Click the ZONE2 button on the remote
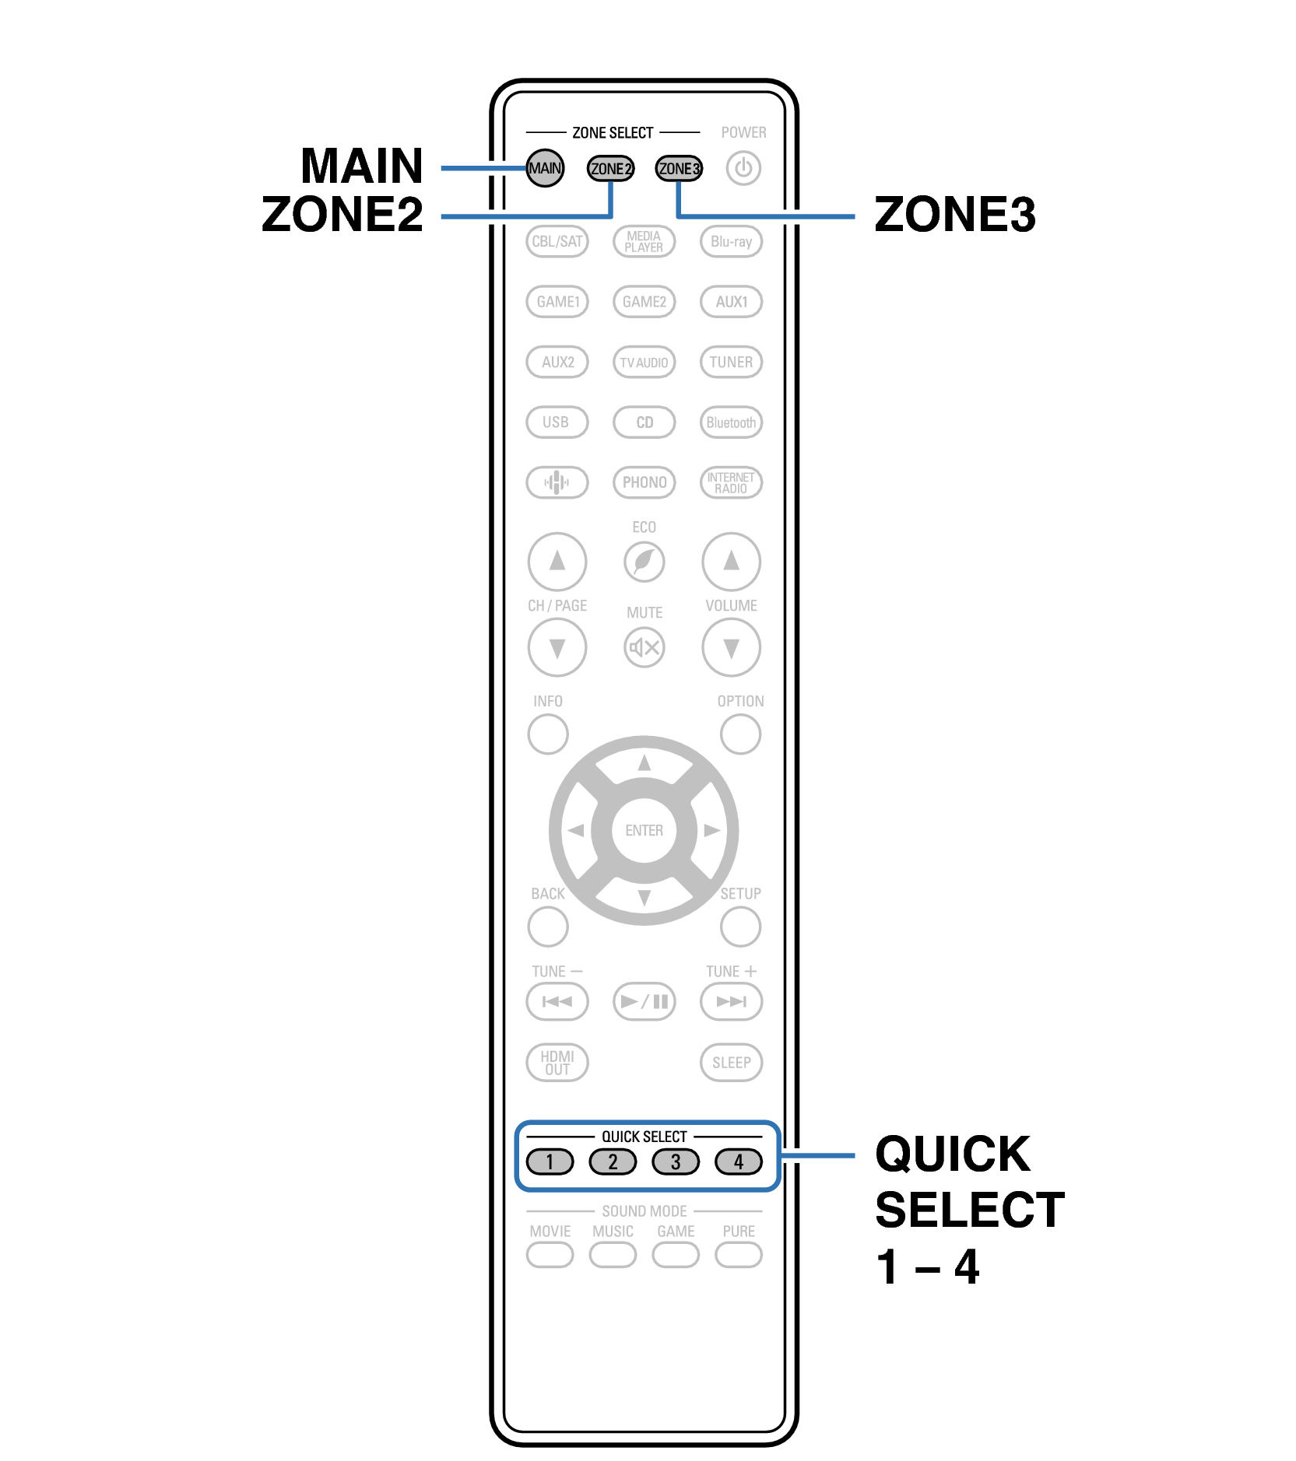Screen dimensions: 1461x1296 pos(610,169)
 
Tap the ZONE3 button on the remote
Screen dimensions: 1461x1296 pos(679,169)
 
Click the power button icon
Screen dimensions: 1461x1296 pos(743,168)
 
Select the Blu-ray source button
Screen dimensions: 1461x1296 pos(731,241)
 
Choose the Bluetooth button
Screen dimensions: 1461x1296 pos(731,422)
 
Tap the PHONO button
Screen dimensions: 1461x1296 pos(644,482)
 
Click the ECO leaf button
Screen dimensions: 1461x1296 pos(644,562)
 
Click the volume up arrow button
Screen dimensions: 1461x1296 pos(731,561)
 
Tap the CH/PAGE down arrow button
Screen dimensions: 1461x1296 pos(557,647)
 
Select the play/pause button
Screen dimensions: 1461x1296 pos(644,1001)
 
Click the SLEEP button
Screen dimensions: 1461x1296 pos(731,1063)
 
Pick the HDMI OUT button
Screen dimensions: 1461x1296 pos(557,1063)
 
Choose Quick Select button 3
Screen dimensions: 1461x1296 pos(676,1162)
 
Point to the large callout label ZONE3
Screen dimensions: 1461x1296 pos(955,214)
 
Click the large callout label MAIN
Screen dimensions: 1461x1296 pos(362,166)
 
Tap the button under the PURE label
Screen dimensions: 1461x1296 pos(739,1255)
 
